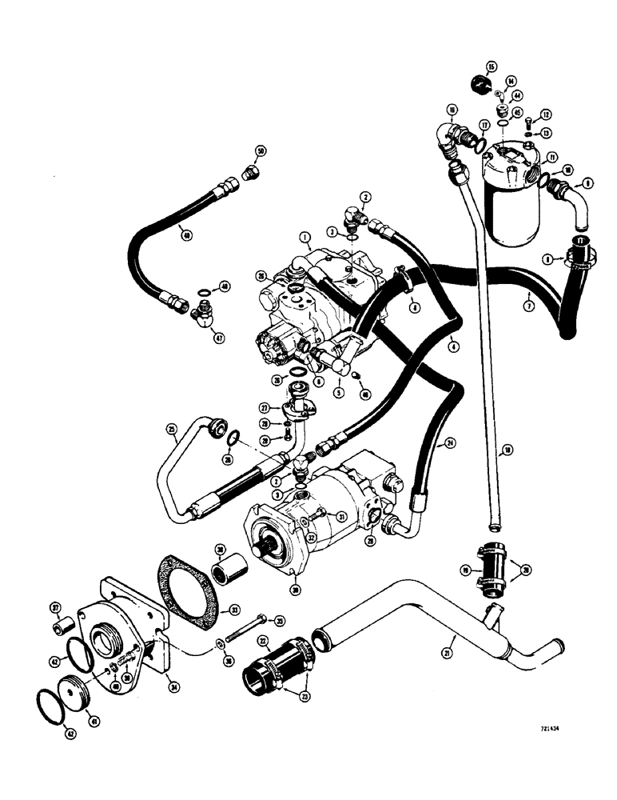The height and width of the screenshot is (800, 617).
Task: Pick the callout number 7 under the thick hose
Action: [x=528, y=307]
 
